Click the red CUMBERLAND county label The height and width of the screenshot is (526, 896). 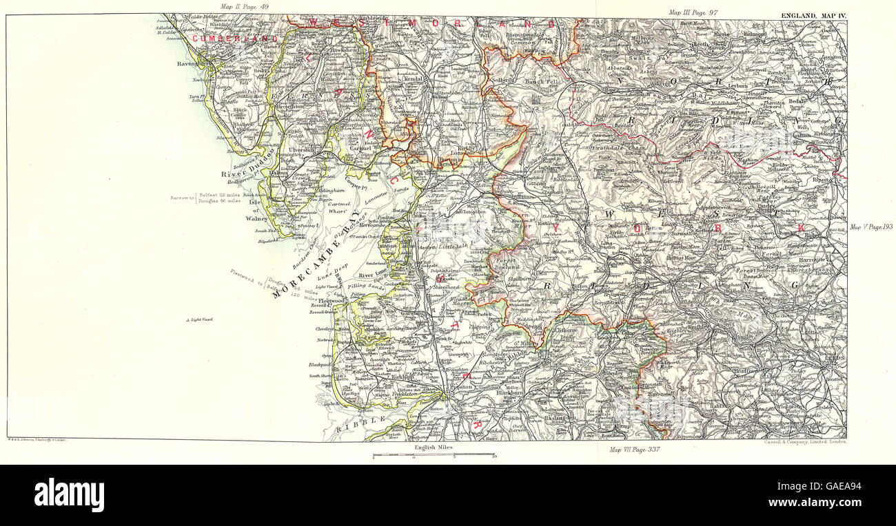(235, 39)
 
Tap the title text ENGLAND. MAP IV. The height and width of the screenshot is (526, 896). (812, 14)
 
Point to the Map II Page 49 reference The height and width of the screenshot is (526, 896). (244, 7)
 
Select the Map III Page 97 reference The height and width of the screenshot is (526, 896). (694, 13)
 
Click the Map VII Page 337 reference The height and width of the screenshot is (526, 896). (635, 450)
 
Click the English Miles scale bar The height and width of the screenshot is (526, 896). (434, 455)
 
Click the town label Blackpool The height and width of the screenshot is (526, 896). (320, 364)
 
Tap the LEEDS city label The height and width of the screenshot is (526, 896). (835, 358)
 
